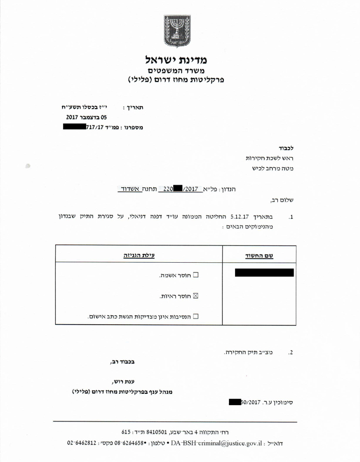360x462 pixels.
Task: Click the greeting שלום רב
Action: [x=282, y=200]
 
